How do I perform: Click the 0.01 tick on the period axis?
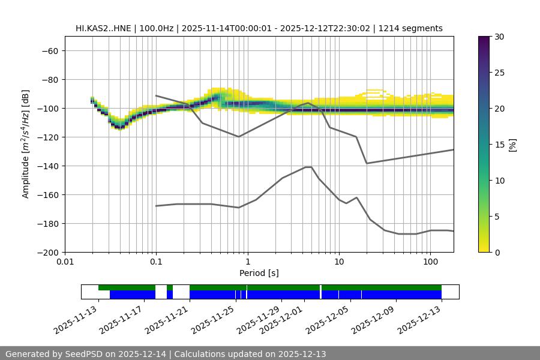(x=65, y=262)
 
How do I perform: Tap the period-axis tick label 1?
(x=247, y=262)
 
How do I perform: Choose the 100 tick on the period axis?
(x=430, y=262)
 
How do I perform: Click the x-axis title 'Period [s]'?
(x=259, y=273)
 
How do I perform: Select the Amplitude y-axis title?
(x=25, y=144)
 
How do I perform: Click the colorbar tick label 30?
(x=499, y=37)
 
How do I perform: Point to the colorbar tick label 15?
(x=499, y=145)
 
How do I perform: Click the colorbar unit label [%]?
(x=512, y=144)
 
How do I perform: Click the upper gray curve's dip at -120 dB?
(x=239, y=137)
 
